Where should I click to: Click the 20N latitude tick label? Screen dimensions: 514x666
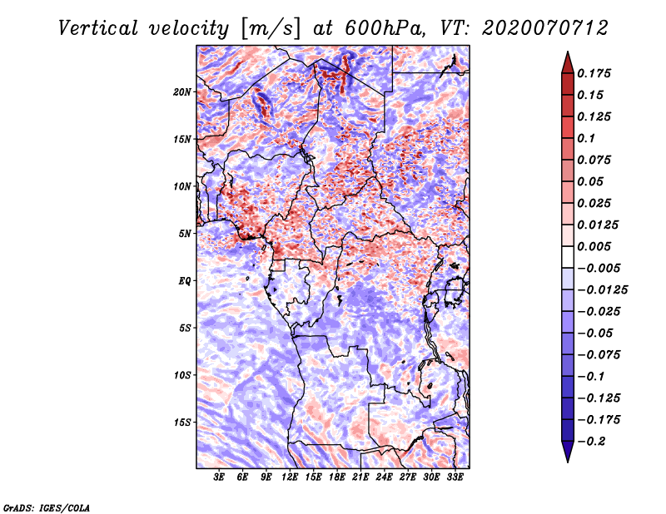point(182,91)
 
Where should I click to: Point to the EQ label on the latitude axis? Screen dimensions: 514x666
point(185,281)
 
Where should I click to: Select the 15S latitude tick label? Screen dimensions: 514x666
point(182,423)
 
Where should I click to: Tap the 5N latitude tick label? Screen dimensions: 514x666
point(185,234)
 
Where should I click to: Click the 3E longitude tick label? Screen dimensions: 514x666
point(220,478)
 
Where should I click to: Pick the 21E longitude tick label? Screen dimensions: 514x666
point(361,478)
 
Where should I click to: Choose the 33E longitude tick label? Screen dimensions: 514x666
point(455,478)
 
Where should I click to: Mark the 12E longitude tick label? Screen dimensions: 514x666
point(291,478)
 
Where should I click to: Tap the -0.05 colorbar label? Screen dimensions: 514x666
point(599,333)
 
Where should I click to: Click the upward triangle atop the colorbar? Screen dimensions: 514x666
point(566,61)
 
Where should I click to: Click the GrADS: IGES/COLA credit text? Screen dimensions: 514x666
point(47,507)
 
